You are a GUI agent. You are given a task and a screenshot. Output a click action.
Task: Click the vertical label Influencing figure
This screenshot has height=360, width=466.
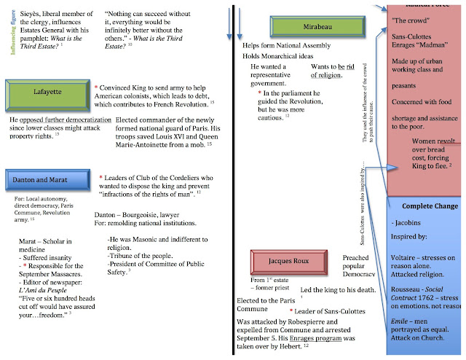[11, 34]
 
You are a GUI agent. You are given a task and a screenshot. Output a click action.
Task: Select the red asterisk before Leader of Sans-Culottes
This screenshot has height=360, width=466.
[271, 310]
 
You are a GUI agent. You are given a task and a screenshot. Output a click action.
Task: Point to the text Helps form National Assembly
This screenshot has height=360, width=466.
[287, 45]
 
